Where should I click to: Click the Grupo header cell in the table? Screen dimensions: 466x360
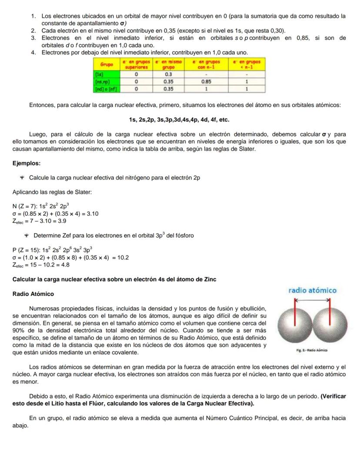coord(107,64)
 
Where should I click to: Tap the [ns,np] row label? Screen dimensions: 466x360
coord(102,81)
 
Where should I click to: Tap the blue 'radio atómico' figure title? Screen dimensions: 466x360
coord(312,290)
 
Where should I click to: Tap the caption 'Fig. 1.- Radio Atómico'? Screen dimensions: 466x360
coord(312,349)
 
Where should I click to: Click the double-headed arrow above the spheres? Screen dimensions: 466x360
coord(313,300)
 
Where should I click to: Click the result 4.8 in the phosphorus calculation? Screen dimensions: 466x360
coord(65,265)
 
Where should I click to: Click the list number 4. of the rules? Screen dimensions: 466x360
coord(33,52)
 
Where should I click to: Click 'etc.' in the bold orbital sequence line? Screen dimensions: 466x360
coord(223,120)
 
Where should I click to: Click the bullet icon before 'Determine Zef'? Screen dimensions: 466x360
coord(26,235)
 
